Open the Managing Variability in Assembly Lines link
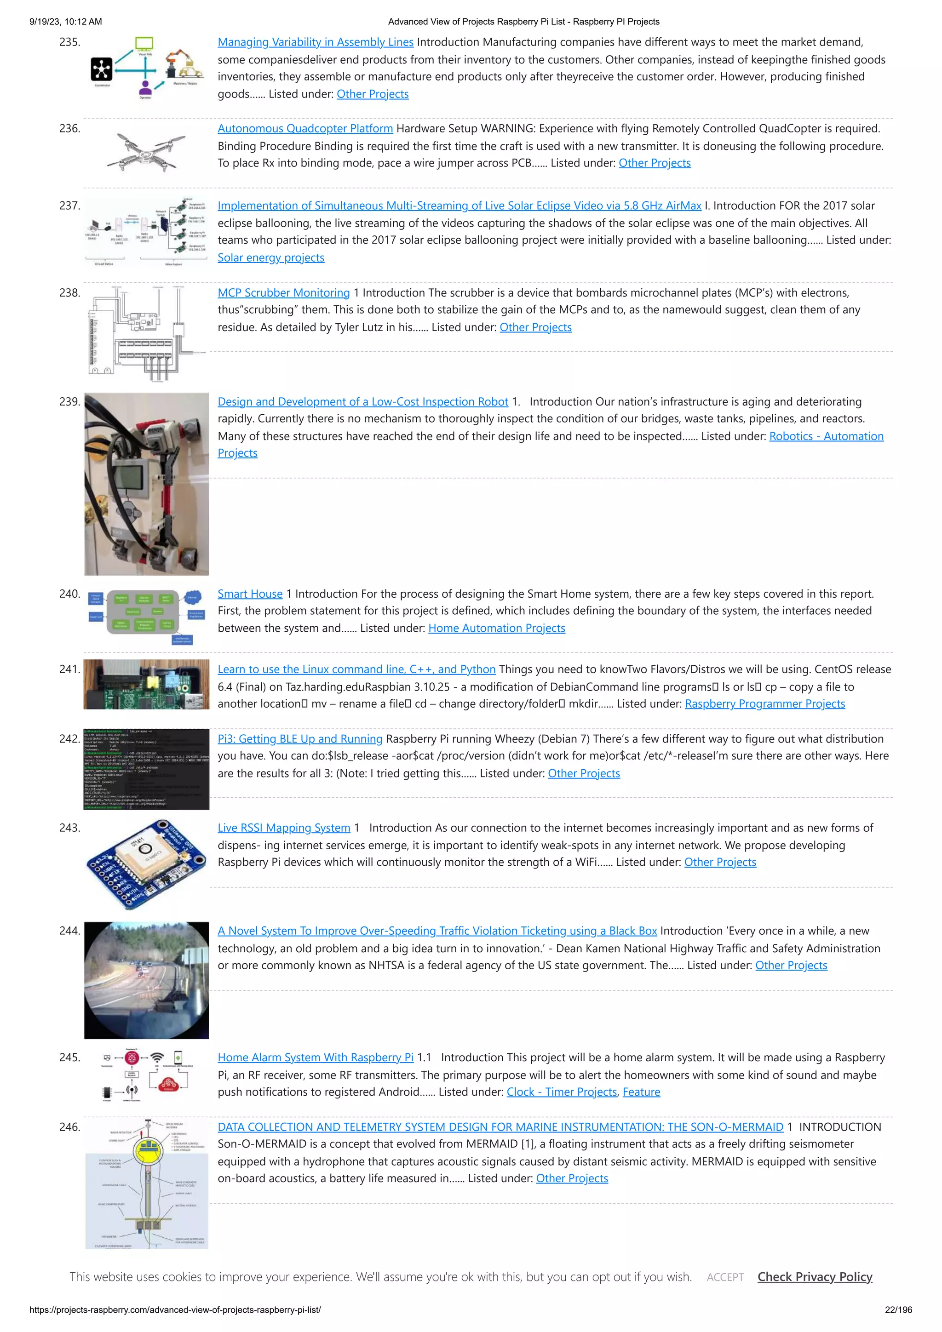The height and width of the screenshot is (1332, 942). (315, 42)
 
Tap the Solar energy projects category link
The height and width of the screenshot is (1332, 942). (270, 257)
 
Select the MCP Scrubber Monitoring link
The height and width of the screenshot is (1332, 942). (283, 293)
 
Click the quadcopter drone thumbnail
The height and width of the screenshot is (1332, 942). (146, 151)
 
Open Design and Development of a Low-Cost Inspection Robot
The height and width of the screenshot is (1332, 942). (363, 402)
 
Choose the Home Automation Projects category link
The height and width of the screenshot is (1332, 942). (496, 628)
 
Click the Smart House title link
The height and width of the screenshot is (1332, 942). (250, 594)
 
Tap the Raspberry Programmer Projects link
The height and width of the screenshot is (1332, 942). (764, 704)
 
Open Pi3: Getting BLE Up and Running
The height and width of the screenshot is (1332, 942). (299, 739)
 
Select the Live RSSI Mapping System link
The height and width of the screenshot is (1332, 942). (284, 828)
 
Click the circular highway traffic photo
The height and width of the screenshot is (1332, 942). (146, 980)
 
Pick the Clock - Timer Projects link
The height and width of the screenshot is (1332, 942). (561, 1092)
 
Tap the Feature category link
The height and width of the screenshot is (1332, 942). (641, 1092)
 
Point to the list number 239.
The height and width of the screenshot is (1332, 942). (69, 402)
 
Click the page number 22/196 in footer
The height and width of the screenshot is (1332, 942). (898, 1310)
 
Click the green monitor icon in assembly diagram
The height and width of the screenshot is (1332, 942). (144, 44)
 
